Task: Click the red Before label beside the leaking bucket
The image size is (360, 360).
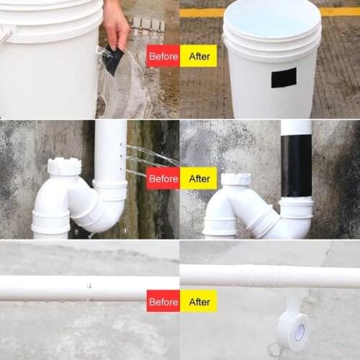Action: (163, 55)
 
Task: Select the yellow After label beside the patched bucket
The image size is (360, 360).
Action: (198, 55)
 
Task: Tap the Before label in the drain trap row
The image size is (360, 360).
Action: (163, 178)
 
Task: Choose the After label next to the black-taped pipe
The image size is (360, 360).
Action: (198, 178)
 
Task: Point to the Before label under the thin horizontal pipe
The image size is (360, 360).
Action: (163, 301)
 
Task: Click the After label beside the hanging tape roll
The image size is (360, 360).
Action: (198, 301)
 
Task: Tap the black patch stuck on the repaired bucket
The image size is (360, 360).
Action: (284, 77)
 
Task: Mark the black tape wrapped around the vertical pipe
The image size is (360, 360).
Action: (296, 166)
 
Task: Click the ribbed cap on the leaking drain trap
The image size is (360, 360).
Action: (65, 167)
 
